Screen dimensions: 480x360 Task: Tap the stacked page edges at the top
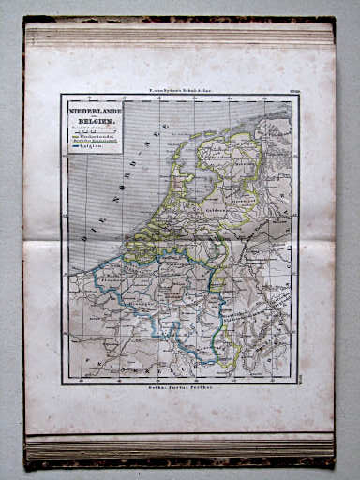click(x=178, y=36)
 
